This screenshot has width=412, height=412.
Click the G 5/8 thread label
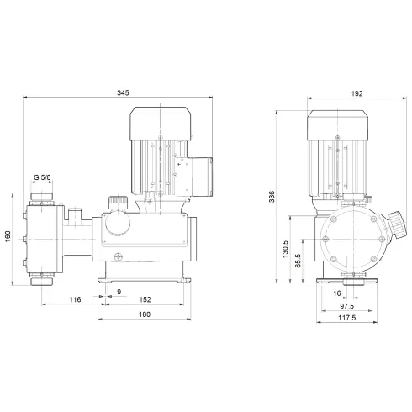42,177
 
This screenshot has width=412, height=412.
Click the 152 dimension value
145,299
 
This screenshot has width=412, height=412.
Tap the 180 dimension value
145,315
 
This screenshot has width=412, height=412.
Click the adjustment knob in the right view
393,225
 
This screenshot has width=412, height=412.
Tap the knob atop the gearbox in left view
117,203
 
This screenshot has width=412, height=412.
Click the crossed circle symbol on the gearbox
119,259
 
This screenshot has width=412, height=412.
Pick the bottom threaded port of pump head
40,277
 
